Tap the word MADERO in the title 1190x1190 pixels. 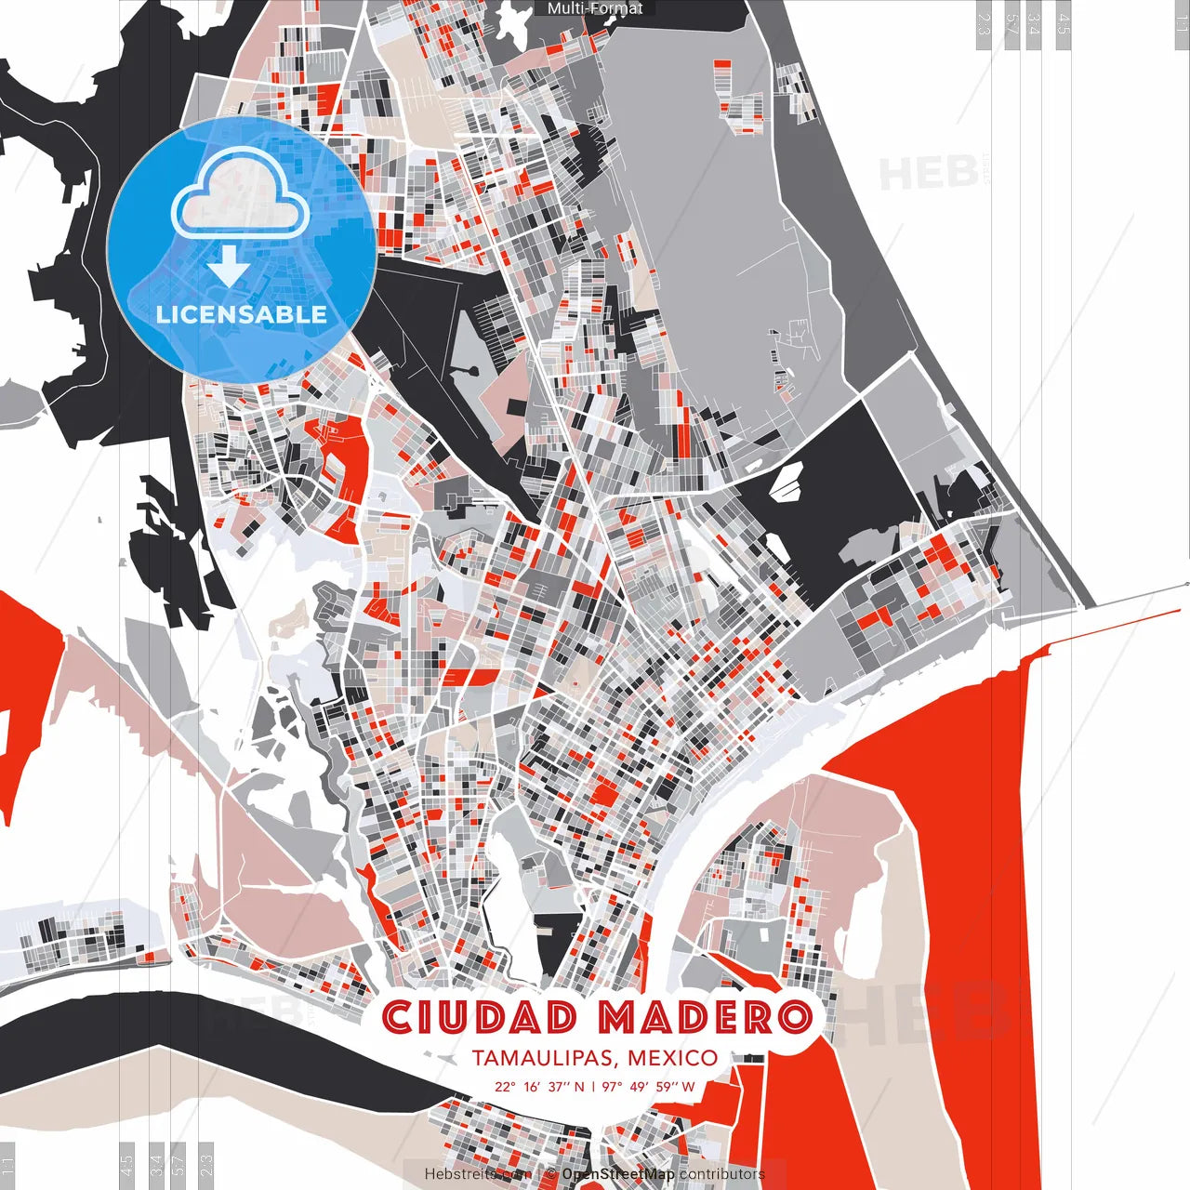[x=704, y=1017]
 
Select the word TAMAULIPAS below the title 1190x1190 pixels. [x=545, y=1058]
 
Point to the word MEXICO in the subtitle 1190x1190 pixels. [x=672, y=1058]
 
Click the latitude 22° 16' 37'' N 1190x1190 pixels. [x=539, y=1086]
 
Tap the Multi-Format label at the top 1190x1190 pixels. [x=595, y=8]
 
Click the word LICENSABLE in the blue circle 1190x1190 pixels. [x=242, y=314]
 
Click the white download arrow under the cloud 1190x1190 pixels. [x=228, y=269]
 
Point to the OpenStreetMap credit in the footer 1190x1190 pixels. [x=618, y=1174]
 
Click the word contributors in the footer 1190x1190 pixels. [x=721, y=1174]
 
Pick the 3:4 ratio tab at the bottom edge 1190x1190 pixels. [x=156, y=1162]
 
